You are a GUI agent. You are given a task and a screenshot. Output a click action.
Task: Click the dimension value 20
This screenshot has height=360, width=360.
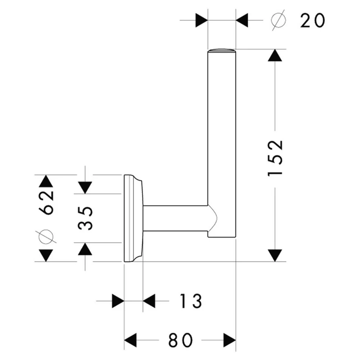313,21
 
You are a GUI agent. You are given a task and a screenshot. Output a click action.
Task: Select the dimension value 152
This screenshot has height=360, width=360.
275,158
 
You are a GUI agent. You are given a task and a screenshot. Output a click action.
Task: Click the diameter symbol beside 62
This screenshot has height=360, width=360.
46,237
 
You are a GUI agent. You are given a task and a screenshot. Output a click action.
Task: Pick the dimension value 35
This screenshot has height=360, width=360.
85,218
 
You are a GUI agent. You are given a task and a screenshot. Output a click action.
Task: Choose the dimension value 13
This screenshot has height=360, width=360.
190,301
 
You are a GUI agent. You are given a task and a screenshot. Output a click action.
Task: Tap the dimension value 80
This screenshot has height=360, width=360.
180,340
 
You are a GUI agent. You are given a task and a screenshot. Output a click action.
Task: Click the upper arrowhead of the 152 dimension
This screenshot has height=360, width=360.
275,55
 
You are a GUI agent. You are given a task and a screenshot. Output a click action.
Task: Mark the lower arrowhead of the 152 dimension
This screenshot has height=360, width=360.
275,255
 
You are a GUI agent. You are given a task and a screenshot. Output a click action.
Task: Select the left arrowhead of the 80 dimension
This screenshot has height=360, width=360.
130,340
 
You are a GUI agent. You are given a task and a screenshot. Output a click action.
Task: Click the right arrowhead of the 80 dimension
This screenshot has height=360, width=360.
230,340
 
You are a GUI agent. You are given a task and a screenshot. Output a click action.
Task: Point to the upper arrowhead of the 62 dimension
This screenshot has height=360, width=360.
46,181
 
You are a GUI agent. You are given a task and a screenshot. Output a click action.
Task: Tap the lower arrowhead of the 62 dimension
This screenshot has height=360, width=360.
46,255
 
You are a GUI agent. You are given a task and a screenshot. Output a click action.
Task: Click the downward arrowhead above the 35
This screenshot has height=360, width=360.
85,188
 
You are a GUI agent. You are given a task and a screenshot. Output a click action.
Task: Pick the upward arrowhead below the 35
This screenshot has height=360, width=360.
85,249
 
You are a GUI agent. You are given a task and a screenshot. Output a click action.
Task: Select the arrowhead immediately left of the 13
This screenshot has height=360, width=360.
149,301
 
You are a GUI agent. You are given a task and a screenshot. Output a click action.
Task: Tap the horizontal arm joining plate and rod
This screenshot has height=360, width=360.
176,218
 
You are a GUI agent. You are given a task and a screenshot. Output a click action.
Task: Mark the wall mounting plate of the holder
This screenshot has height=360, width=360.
134,218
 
